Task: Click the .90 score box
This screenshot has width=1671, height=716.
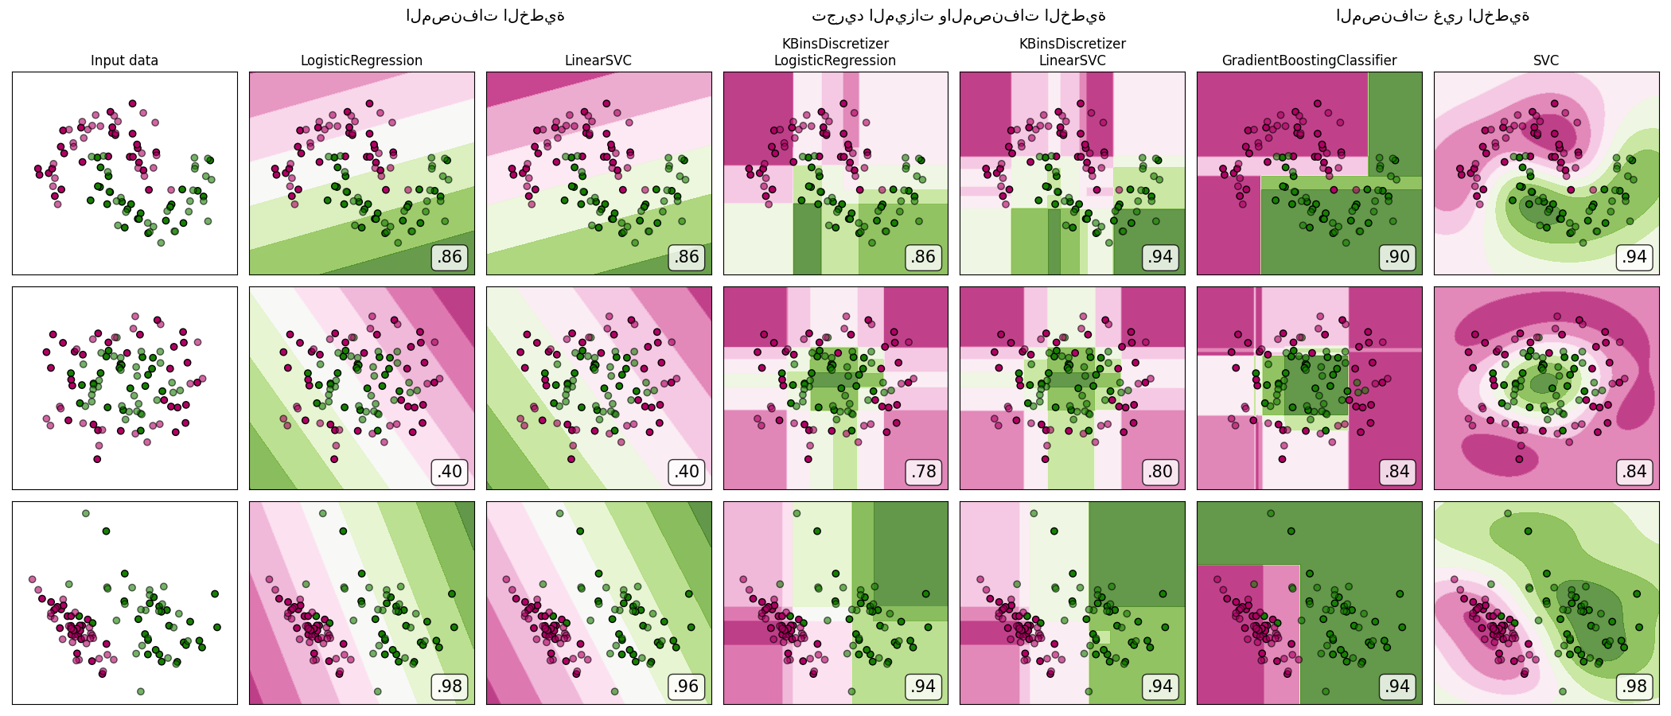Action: (x=1397, y=257)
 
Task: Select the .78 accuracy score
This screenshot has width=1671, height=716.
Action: (x=923, y=472)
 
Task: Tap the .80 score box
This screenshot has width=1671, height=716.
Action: (x=1160, y=472)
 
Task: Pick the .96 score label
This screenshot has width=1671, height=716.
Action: (x=686, y=687)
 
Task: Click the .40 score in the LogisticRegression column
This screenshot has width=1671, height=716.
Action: (x=450, y=472)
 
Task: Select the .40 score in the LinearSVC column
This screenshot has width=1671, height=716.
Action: (x=686, y=472)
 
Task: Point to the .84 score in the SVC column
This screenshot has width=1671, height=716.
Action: (x=1634, y=472)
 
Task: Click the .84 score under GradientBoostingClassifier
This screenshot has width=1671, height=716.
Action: (x=1397, y=472)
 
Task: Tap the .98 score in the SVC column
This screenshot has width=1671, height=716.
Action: (x=1634, y=687)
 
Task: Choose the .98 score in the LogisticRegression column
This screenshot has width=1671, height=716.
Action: (x=450, y=687)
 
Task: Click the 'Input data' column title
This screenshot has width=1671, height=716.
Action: (x=124, y=60)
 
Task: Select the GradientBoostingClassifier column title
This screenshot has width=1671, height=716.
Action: (x=1309, y=60)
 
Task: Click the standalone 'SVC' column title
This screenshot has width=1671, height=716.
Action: (x=1546, y=60)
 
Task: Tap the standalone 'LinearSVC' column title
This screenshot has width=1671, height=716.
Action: (x=598, y=60)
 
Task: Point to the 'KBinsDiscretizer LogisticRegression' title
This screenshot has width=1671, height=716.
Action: (x=835, y=53)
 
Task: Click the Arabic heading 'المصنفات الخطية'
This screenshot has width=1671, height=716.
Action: (x=485, y=16)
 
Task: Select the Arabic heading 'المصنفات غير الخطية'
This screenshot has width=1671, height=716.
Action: (x=1432, y=16)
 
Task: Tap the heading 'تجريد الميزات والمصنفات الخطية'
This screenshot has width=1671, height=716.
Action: (x=958, y=16)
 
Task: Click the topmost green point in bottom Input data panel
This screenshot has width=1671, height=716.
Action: (x=86, y=513)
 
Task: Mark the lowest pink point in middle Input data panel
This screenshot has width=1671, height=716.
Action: (x=97, y=459)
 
